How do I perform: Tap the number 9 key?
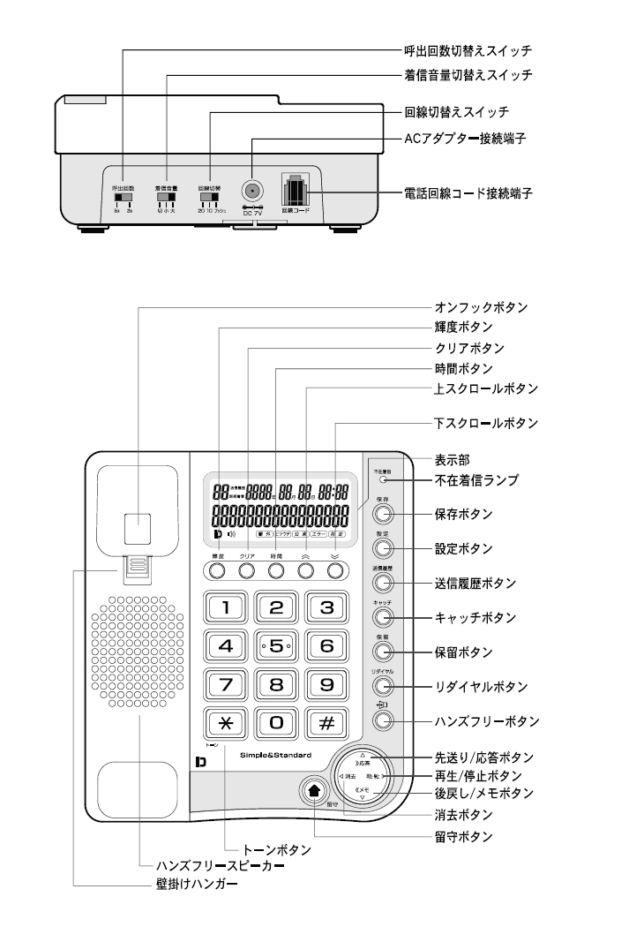click(x=325, y=684)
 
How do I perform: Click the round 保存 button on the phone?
click(x=381, y=516)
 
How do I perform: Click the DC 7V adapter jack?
click(x=251, y=190)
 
